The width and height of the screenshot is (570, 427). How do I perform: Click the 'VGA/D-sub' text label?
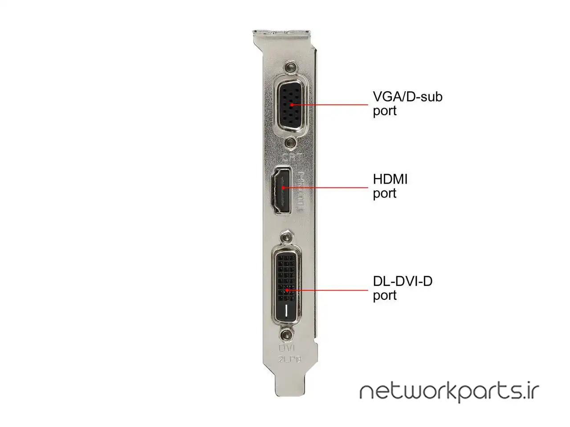coord(407,97)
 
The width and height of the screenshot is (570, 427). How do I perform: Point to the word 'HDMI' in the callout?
coord(390,179)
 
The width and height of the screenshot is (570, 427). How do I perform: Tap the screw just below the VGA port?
coord(291,143)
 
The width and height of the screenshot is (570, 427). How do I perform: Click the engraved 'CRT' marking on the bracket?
coord(292,157)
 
